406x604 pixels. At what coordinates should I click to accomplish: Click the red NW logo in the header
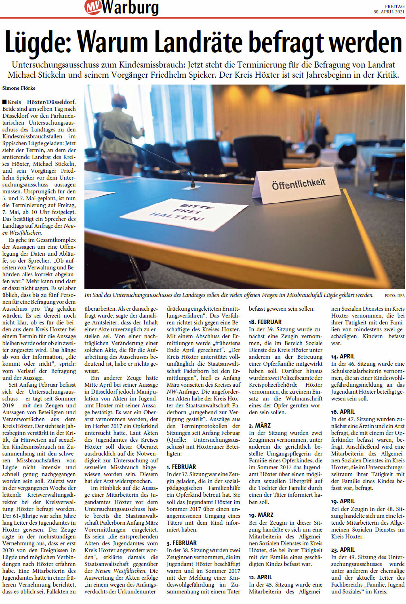click(x=93, y=7)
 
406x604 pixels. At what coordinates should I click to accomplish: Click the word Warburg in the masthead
click(x=130, y=7)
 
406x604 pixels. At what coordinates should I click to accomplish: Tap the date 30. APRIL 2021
click(x=389, y=12)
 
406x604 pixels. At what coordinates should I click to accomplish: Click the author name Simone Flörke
click(x=19, y=88)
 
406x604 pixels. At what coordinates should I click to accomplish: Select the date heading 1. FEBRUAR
click(x=181, y=466)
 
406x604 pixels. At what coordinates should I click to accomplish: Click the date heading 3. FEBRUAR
click(x=181, y=543)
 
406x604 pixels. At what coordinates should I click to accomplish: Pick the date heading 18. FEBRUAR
click(x=265, y=322)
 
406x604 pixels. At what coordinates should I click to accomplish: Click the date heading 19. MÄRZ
click(x=261, y=515)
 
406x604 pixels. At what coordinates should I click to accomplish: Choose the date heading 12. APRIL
click(x=260, y=577)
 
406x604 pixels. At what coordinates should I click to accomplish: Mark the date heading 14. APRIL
click(x=343, y=356)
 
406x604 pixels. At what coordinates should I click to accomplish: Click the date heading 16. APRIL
click(x=343, y=411)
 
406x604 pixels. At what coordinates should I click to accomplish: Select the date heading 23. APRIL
click(x=343, y=549)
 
